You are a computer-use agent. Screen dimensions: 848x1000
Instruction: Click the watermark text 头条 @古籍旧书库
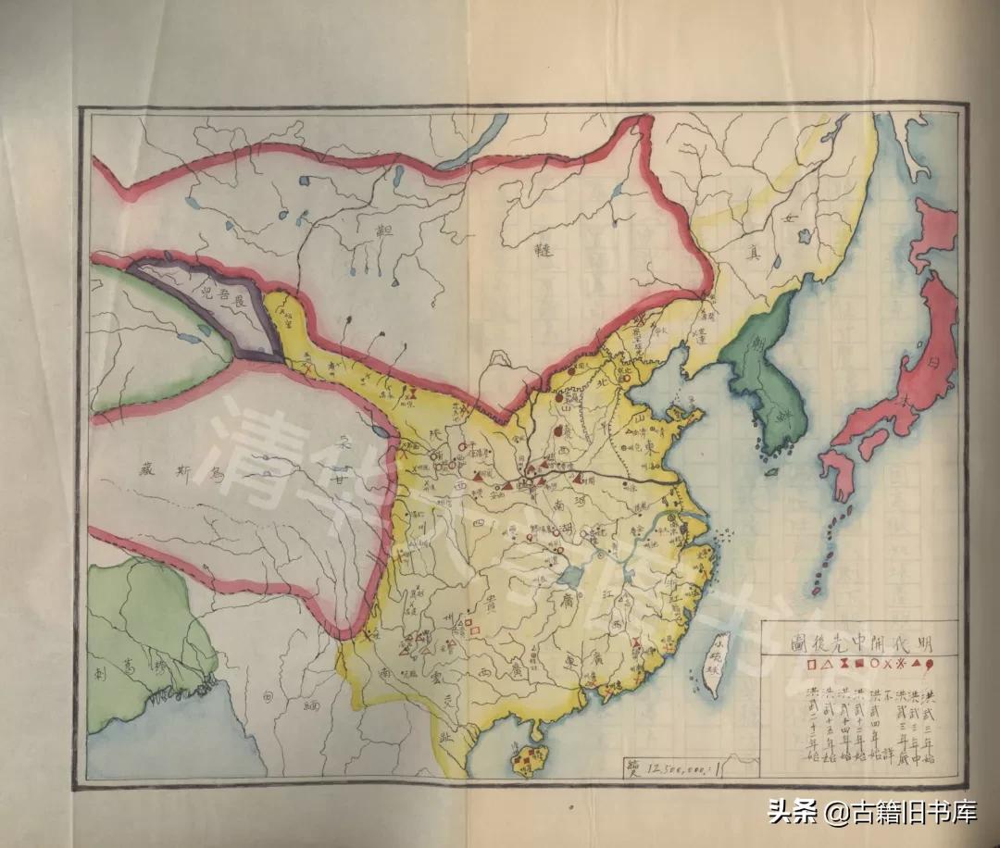click(871, 814)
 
